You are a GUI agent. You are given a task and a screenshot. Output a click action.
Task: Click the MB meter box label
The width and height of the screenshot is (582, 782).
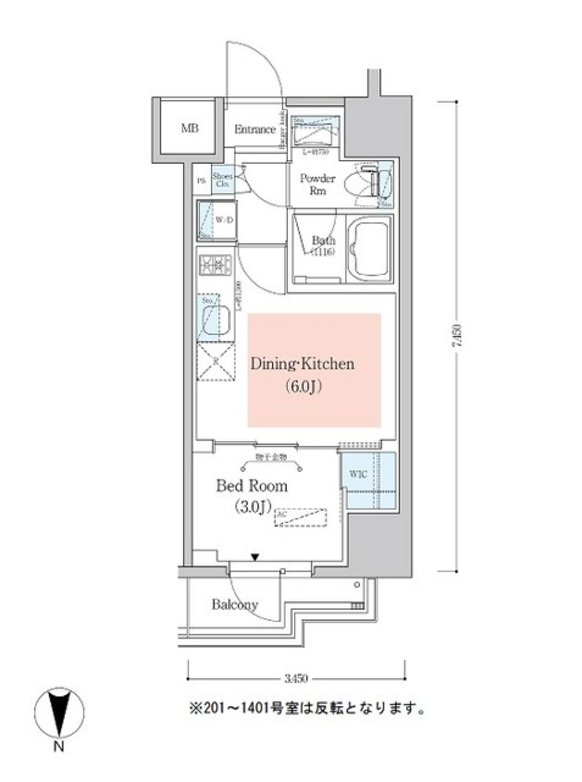tap(189, 129)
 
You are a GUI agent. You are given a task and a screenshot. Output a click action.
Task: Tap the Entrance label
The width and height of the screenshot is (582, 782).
tap(255, 129)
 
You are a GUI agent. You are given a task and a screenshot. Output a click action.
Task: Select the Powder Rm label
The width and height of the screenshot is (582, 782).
tap(318, 184)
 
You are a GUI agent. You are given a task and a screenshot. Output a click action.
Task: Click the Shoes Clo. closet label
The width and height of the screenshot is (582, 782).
tap(222, 180)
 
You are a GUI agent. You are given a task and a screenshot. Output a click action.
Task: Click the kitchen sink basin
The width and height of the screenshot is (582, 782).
tap(216, 320)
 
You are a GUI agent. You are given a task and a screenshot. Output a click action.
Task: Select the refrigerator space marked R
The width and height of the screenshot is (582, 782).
tap(216, 362)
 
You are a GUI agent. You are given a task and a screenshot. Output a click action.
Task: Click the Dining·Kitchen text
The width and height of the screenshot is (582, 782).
tap(302, 364)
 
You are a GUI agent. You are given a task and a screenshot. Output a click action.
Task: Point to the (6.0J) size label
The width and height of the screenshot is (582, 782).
tap(302, 386)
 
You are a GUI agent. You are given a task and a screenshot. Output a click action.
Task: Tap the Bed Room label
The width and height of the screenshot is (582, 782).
tap(252, 486)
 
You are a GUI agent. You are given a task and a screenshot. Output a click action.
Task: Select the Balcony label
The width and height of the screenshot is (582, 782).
tap(235, 604)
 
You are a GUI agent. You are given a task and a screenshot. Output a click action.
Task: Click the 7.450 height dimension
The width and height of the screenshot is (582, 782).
tap(457, 335)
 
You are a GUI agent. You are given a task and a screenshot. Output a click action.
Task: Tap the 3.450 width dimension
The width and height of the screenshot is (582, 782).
tap(296, 678)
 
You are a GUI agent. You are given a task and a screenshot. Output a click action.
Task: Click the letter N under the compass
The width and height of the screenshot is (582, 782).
tap(58, 747)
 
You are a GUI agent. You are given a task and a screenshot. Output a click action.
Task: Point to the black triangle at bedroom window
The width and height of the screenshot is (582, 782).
tap(255, 557)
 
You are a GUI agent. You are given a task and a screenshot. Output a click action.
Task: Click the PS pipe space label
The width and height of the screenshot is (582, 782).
tap(201, 181)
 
